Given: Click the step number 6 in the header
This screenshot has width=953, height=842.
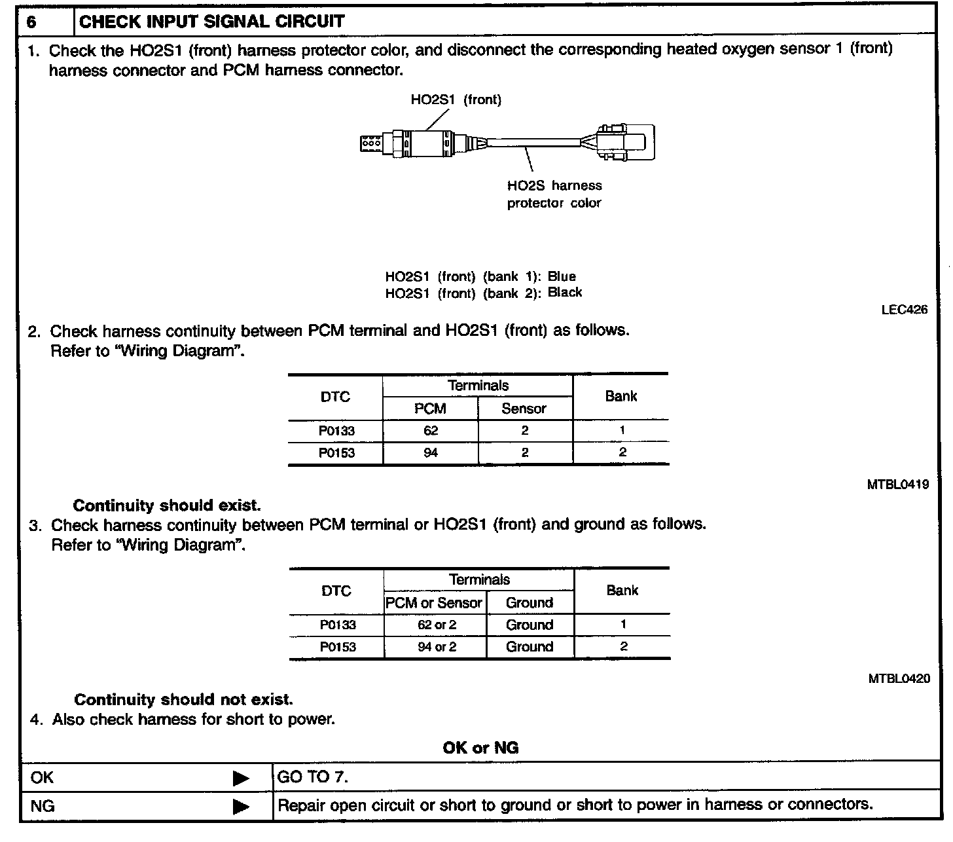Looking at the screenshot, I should point(32,22).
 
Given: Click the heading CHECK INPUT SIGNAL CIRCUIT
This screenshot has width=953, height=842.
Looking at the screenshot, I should point(211,22).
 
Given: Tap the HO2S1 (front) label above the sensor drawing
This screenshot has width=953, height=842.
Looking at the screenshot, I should point(456,100).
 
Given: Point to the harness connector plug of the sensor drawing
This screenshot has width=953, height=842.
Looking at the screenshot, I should point(622,142).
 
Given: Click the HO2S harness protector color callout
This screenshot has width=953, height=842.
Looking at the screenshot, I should point(554,194).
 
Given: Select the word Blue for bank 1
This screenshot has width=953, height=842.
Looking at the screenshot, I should point(562,276).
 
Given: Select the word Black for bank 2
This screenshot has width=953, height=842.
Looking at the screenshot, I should point(564,293).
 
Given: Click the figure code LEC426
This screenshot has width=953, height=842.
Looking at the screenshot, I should point(904,310).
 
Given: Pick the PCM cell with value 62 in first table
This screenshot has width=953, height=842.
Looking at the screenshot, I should point(430,431).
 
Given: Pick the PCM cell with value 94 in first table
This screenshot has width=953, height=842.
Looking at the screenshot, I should point(430,453).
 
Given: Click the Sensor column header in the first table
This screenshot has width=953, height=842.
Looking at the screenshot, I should point(524,409).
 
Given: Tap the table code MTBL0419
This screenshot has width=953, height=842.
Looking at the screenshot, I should point(897,485).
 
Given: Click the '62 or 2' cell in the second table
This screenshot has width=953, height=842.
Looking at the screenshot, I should point(437,625).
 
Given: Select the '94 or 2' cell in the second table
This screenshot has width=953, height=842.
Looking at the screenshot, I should point(437,647).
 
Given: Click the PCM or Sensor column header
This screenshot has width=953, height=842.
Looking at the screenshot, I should point(434,602).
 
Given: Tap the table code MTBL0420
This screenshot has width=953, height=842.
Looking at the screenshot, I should point(899,678).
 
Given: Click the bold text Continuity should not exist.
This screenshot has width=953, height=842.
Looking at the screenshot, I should point(183,699).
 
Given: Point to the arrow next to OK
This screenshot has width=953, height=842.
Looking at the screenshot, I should point(241,778).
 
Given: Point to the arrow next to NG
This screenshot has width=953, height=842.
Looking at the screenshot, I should point(241,806).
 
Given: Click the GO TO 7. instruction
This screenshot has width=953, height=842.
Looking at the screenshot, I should point(312,777).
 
